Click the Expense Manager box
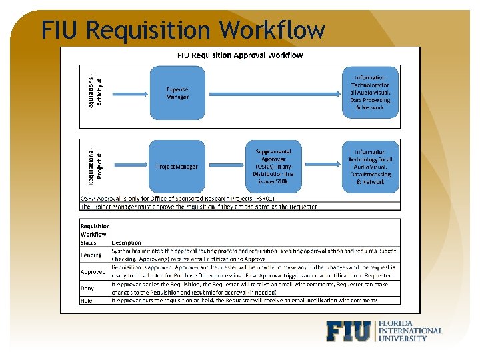click(x=177, y=93)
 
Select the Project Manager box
click(x=177, y=167)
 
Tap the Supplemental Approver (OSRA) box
click(x=273, y=167)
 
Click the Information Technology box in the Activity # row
click(x=370, y=93)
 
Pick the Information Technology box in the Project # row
click(x=370, y=167)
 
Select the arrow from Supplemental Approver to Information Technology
click(x=322, y=167)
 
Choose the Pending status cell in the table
click(x=91, y=255)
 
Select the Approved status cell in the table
click(x=93, y=272)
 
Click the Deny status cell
click(x=88, y=289)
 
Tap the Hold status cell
click(x=87, y=301)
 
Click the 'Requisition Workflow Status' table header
click(x=94, y=234)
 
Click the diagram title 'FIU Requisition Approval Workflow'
click(x=240, y=55)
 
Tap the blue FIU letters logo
click(x=349, y=331)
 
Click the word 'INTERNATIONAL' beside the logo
click(x=409, y=331)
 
